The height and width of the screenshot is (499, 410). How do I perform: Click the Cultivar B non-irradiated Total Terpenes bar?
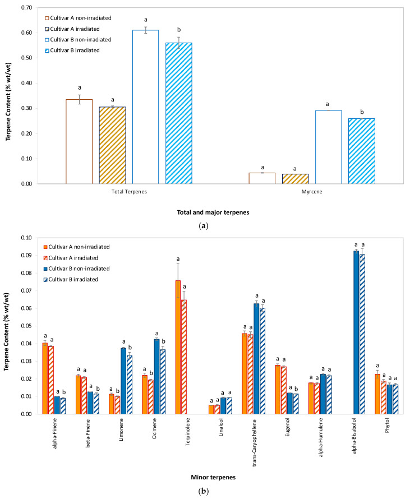pyautogui.click(x=145, y=107)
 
